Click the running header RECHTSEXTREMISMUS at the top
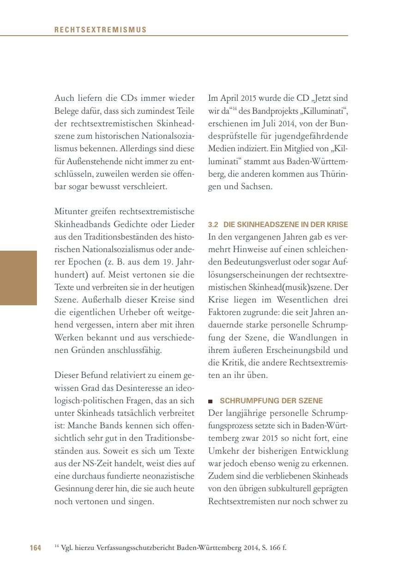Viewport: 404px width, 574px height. (100, 30)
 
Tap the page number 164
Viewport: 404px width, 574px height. (36, 548)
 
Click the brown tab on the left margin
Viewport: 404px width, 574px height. (18, 278)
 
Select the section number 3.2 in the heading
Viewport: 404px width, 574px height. (213, 224)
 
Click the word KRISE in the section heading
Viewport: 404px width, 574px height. (338, 224)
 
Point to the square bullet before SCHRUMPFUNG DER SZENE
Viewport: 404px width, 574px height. (211, 401)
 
